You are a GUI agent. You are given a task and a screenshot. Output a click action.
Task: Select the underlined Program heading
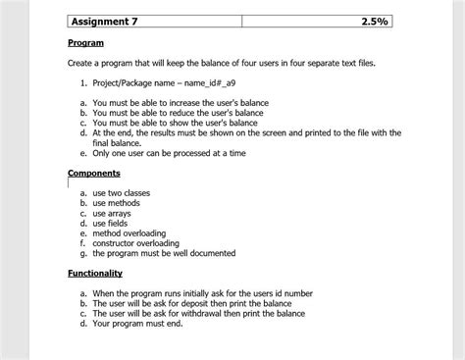(85, 43)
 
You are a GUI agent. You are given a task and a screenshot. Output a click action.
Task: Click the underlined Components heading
(94, 173)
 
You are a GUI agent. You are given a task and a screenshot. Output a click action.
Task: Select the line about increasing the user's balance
(181, 102)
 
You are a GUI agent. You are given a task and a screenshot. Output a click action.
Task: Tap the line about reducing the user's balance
(178, 113)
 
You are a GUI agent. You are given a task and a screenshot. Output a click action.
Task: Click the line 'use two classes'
(122, 193)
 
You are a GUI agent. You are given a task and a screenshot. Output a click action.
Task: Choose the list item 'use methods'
(117, 203)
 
